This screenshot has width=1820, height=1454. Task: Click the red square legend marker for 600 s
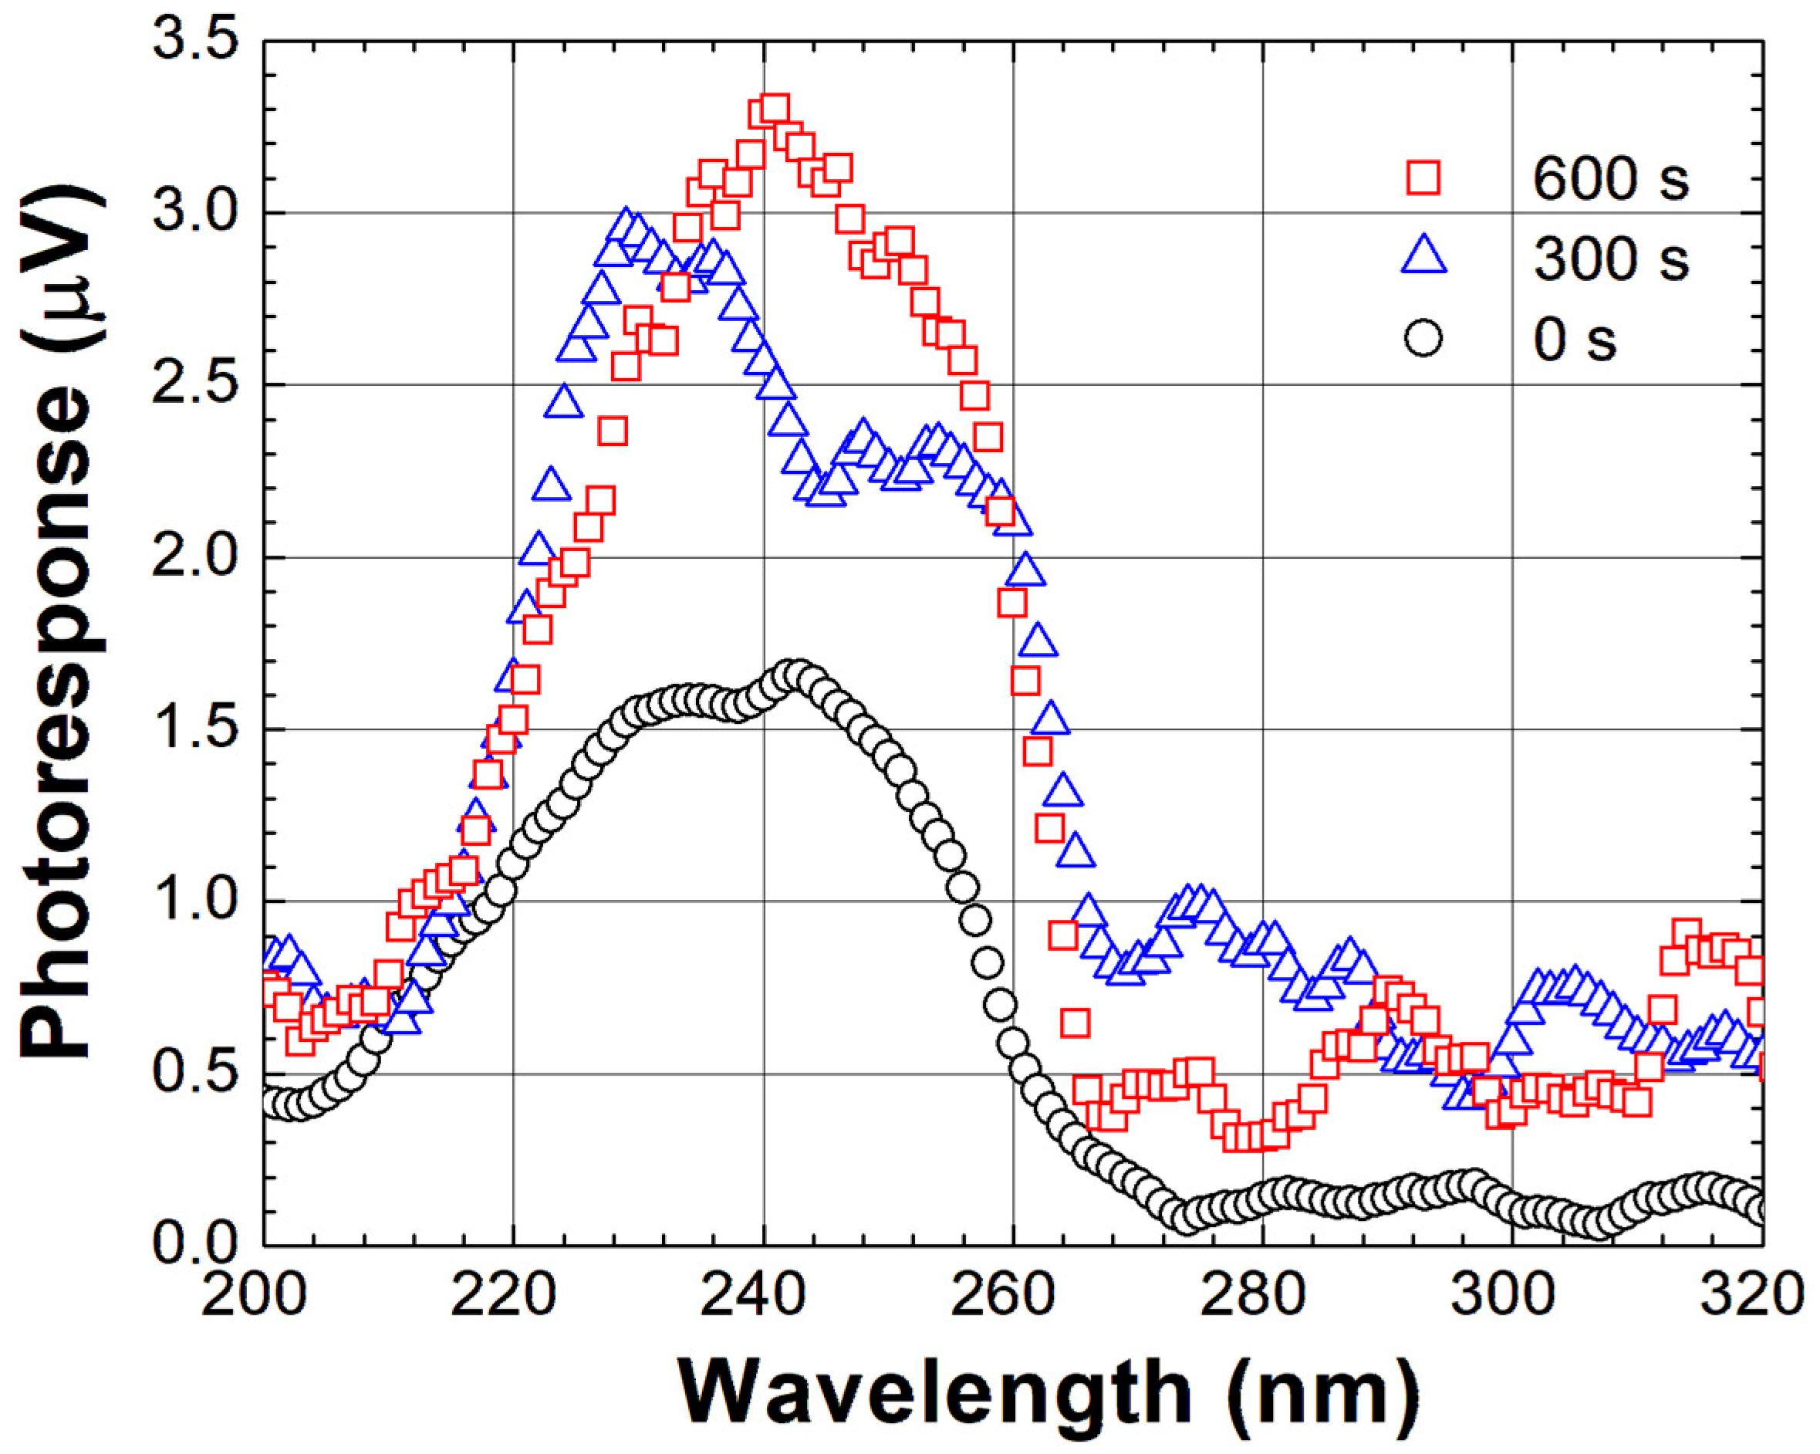(1423, 178)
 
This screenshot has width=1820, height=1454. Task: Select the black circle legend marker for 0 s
(1423, 339)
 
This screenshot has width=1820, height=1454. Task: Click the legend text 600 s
(1611, 179)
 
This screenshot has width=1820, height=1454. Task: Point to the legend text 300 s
(1611, 259)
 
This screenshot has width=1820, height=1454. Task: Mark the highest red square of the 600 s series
(774, 109)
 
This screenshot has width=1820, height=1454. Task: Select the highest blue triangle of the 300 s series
(625, 224)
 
